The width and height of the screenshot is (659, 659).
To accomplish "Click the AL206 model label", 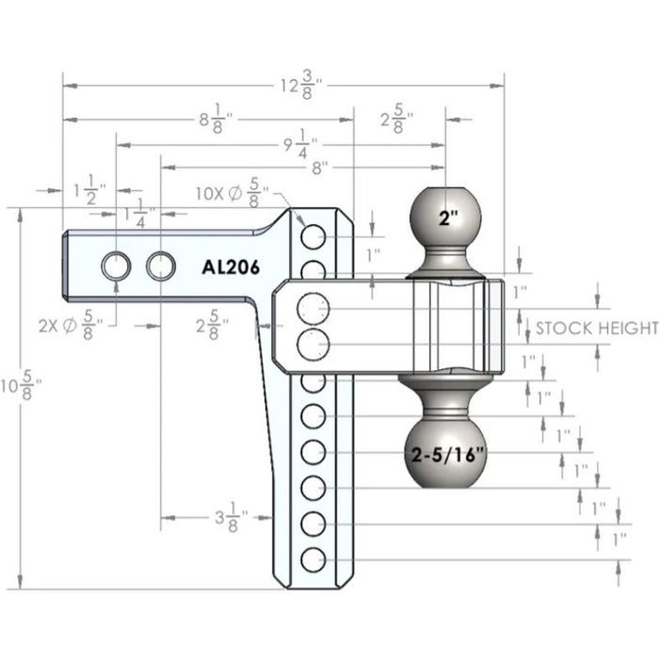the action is tap(231, 267).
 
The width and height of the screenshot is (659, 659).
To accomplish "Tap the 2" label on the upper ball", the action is tap(448, 218).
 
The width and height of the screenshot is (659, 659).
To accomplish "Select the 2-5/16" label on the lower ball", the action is tap(447, 455).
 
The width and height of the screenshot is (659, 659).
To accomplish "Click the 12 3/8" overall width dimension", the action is tap(301, 86).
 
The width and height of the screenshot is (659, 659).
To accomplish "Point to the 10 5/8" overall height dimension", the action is tap(21, 386).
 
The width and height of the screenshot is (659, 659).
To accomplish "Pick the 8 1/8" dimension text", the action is tap(217, 119).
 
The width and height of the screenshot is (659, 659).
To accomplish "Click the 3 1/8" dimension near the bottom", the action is tap(232, 518).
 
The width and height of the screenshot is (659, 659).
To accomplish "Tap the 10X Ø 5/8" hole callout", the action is tap(232, 192).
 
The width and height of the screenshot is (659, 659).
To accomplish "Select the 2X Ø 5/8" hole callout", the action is tap(71, 325).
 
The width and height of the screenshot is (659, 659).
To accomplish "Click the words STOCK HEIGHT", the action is tap(597, 328).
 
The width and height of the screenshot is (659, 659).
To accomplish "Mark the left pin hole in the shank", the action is tap(116, 265).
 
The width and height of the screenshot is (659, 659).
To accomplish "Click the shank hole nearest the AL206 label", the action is tap(161, 265).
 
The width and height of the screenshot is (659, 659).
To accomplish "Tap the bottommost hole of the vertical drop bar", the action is tap(313, 560).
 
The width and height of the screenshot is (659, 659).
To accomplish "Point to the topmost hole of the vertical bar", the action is tap(313, 236).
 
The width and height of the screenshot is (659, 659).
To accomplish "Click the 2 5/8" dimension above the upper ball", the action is tap(397, 119).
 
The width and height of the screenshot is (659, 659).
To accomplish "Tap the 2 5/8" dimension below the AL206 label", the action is tap(212, 325).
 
